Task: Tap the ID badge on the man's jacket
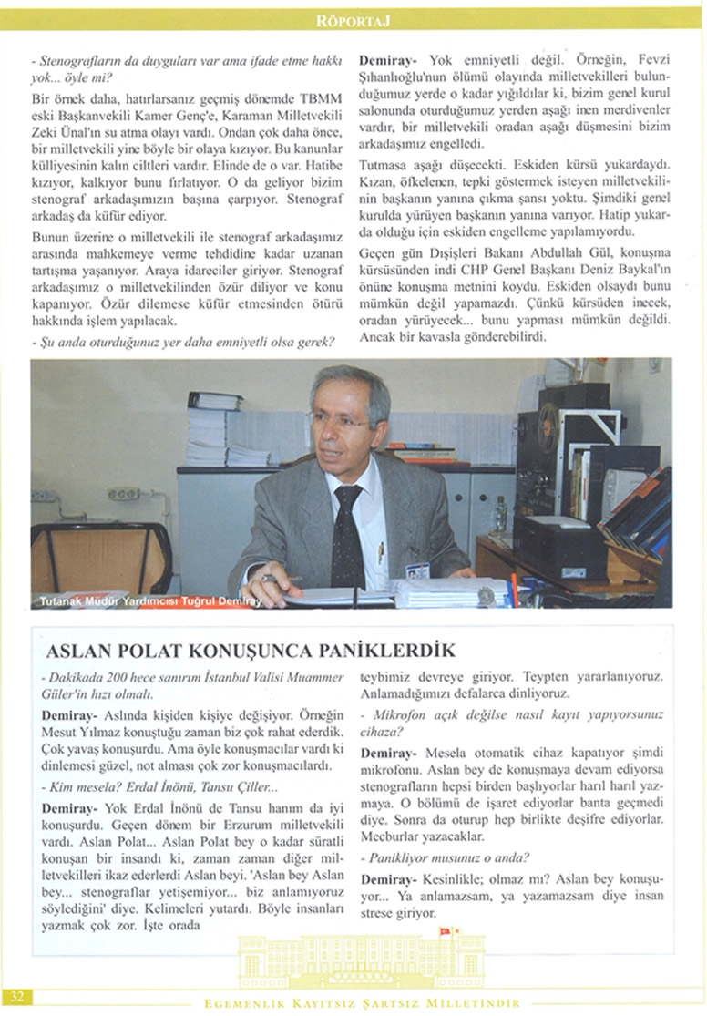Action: point(416,570)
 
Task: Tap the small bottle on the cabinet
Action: point(499,514)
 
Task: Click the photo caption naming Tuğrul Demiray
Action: point(150,601)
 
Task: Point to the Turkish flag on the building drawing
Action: point(446,931)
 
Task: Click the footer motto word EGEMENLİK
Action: point(240,1003)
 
